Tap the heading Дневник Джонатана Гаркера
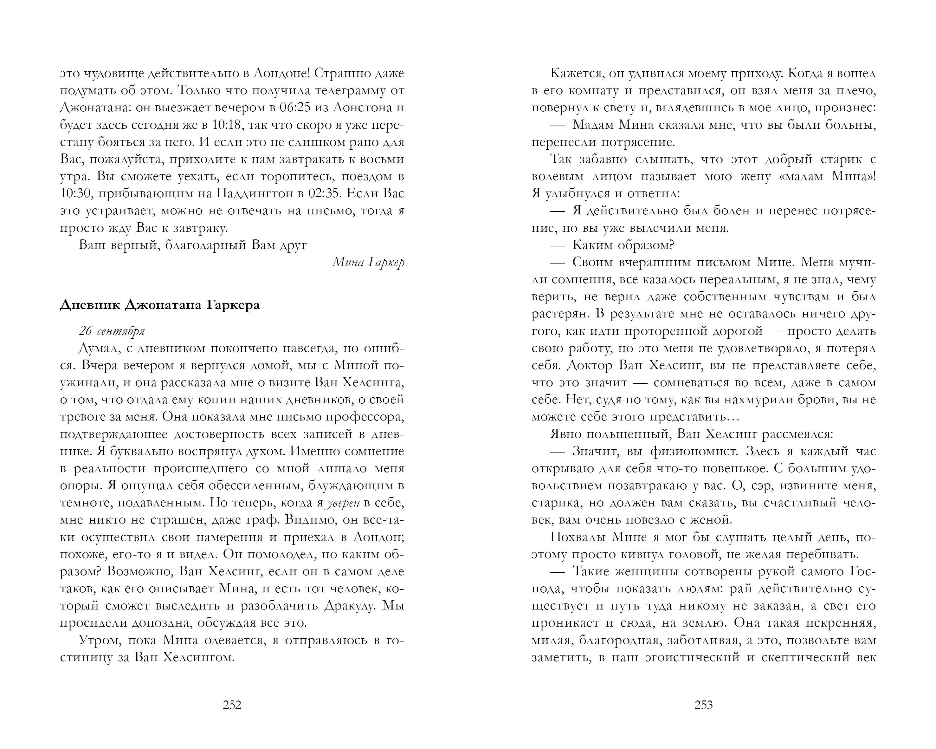(160, 305)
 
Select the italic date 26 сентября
(112, 331)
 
